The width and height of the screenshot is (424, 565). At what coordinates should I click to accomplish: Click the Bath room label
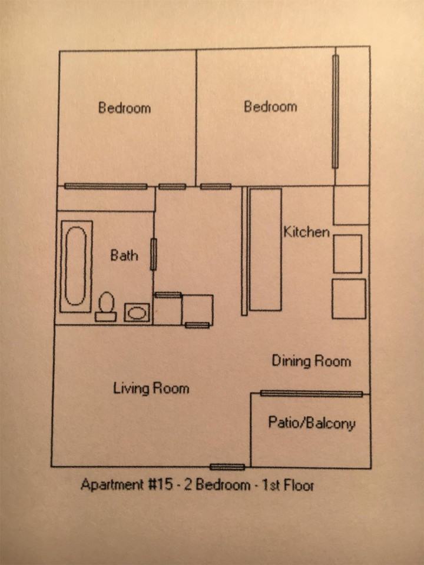coord(124,255)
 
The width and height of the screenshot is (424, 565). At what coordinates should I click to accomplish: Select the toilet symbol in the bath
coord(106,307)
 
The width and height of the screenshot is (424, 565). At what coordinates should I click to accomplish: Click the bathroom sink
coord(137,313)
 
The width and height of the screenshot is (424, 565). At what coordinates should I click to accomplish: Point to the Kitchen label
coord(306,232)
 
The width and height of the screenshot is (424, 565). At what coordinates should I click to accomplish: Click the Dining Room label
coord(311,361)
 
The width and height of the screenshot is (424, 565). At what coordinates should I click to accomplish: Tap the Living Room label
coord(151,388)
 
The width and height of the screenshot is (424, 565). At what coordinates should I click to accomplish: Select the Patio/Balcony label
coord(312,423)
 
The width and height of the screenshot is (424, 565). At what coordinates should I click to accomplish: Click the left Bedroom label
coord(124,108)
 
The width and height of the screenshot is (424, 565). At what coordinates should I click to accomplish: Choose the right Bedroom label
coord(270,107)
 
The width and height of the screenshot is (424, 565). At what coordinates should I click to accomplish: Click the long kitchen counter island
coord(265,249)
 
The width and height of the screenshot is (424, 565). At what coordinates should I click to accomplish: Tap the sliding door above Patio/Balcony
coord(311,394)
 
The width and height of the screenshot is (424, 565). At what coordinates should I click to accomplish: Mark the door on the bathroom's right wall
coord(153,254)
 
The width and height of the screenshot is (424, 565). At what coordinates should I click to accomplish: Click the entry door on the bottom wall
coord(227,467)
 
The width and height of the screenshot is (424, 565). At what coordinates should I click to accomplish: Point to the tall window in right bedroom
coord(335,111)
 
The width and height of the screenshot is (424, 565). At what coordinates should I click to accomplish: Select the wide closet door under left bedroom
coord(106,187)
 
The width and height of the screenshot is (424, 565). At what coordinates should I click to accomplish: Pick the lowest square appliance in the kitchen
coord(349,298)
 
